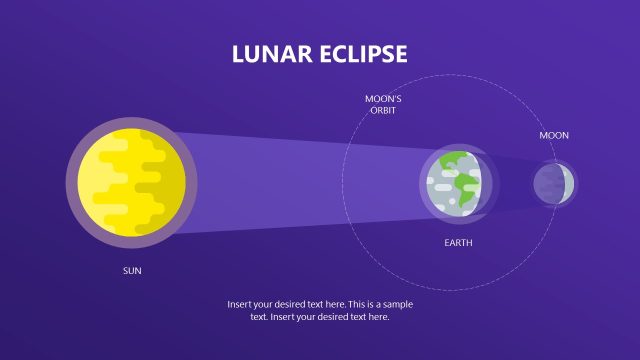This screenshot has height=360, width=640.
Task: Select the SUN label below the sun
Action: pyautogui.click(x=132, y=271)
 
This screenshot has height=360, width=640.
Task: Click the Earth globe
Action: pyautogui.click(x=455, y=183)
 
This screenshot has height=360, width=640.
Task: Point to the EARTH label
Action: pyautogui.click(x=458, y=243)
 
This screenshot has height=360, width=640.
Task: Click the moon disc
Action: pyautogui.click(x=554, y=183)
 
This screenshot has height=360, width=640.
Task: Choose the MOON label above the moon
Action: pyautogui.click(x=554, y=135)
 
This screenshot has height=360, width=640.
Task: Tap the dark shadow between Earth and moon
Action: pyautogui.click(x=510, y=183)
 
